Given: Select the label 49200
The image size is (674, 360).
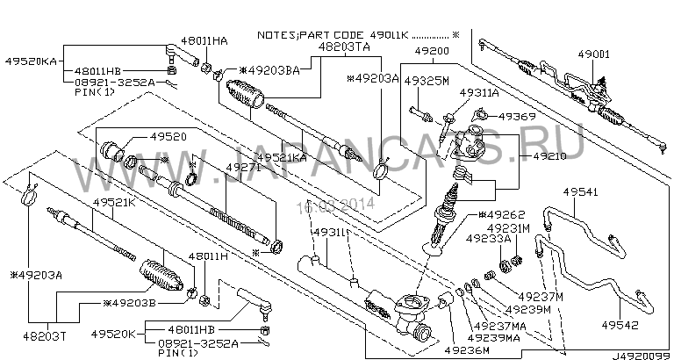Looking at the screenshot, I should click(x=432, y=53).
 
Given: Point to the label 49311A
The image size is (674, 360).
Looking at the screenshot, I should click(x=479, y=92).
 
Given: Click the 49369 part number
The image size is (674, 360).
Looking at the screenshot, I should click(x=517, y=116).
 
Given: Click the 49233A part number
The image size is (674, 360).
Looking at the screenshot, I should click(x=483, y=237).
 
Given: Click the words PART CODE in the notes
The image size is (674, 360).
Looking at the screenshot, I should click(x=357, y=35).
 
